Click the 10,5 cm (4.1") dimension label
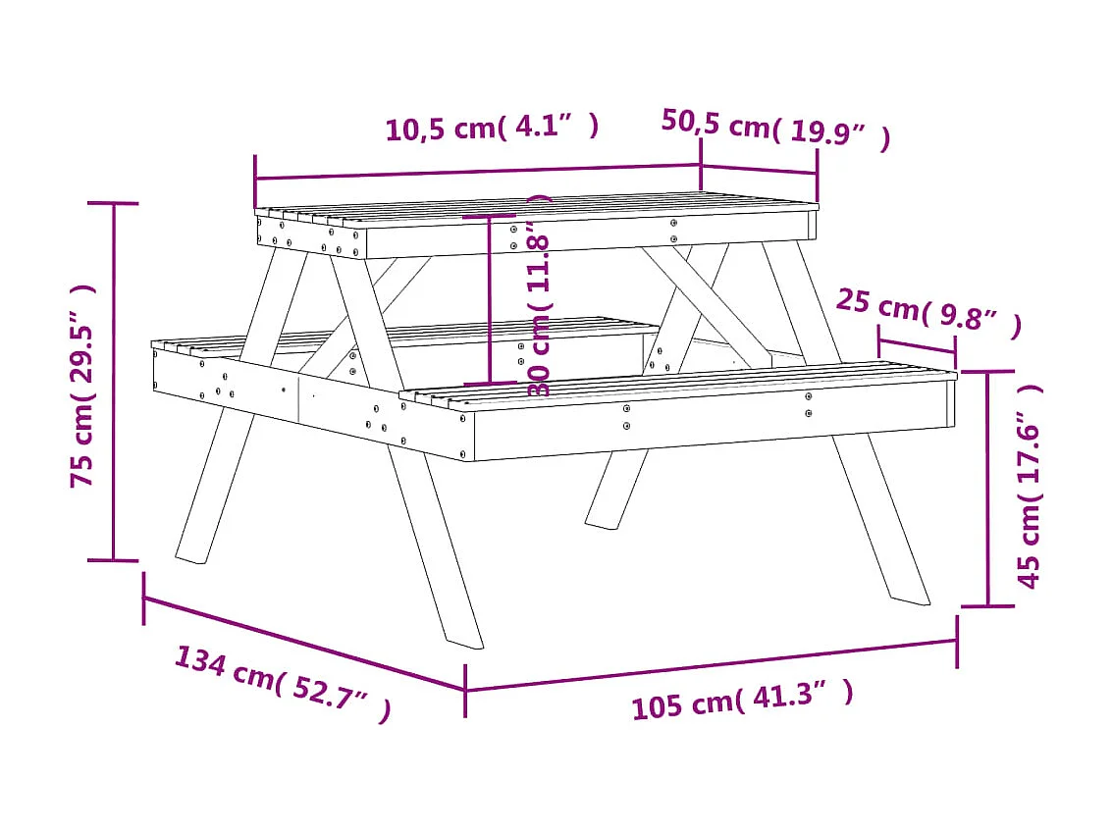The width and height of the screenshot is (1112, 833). pyautogui.click(x=492, y=128)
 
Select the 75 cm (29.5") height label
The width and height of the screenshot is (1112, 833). pyautogui.click(x=82, y=385)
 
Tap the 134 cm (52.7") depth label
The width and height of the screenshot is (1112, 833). pyautogui.click(x=283, y=684)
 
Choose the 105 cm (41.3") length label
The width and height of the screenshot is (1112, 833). pyautogui.click(x=741, y=699)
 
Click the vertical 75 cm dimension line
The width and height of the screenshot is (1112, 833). pyautogui.click(x=114, y=383)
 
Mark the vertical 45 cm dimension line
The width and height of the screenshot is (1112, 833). pyautogui.click(x=987, y=489)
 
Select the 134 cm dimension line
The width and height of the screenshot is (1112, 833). pyautogui.click(x=304, y=643)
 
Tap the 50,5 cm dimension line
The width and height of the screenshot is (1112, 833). pyautogui.click(x=759, y=169)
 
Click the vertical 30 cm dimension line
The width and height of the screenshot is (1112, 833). pyautogui.click(x=489, y=299)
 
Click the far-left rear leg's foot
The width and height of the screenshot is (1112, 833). pyautogui.click(x=190, y=556)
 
